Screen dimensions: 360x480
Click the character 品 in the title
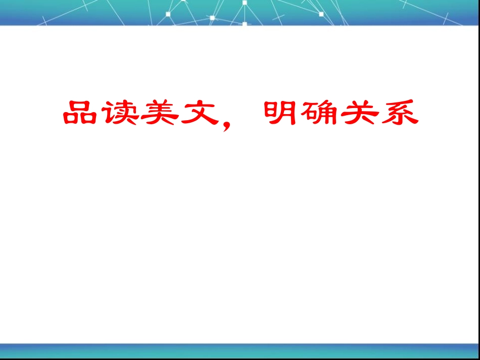point(80,113)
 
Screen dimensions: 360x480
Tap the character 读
point(120,113)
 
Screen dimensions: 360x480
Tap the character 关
point(359,113)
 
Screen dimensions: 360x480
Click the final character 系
point(399,113)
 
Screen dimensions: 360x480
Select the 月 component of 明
point(286,113)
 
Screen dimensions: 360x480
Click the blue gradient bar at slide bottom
point(240,349)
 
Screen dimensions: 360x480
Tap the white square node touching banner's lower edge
point(245,23)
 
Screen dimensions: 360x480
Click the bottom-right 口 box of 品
point(89,120)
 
